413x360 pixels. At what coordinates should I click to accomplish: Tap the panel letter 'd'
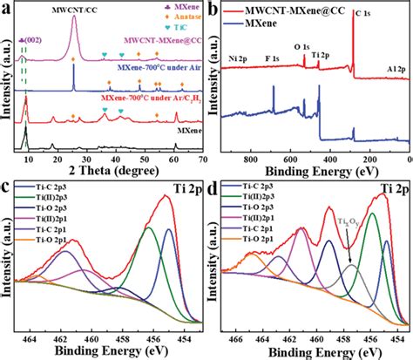coord(214,186)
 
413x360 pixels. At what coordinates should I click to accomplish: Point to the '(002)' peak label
coord(28,41)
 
